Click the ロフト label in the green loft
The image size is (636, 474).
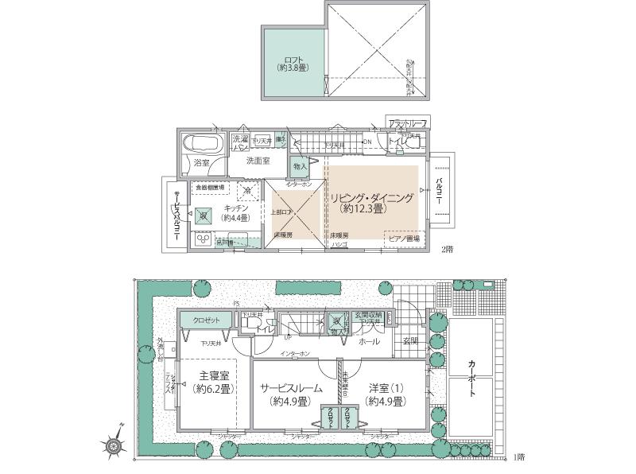coord(293,64)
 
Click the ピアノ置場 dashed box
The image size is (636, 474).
coord(402,238)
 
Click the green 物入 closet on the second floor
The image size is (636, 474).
coord(299,167)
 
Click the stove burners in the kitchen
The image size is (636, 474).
coord(201,239)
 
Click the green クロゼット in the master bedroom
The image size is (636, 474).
coord(206,320)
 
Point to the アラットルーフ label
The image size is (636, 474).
coord(408,124)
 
